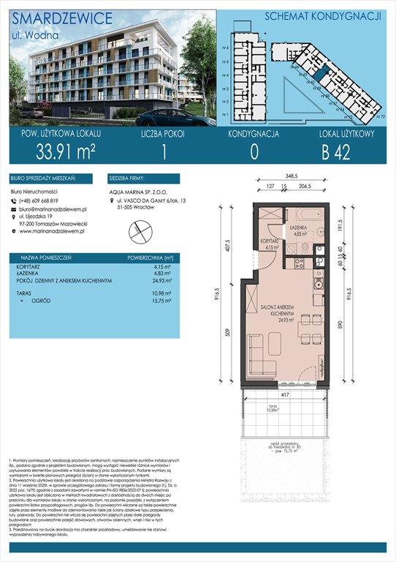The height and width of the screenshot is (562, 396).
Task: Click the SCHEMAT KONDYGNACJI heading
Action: (307, 15)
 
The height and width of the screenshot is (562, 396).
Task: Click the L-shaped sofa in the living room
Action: (256, 355)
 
